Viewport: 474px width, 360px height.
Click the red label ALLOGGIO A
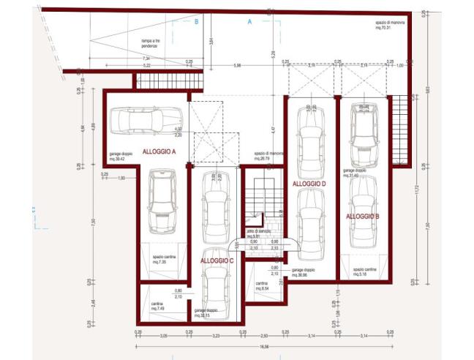[159, 151]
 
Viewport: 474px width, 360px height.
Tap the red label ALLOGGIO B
[362, 217]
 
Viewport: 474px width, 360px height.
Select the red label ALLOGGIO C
[217, 260]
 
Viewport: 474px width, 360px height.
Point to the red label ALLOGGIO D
[308, 183]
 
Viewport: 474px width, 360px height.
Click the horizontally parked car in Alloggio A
[137, 120]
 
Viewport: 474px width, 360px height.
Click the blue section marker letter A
[249, 22]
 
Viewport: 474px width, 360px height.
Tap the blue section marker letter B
[196, 22]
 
